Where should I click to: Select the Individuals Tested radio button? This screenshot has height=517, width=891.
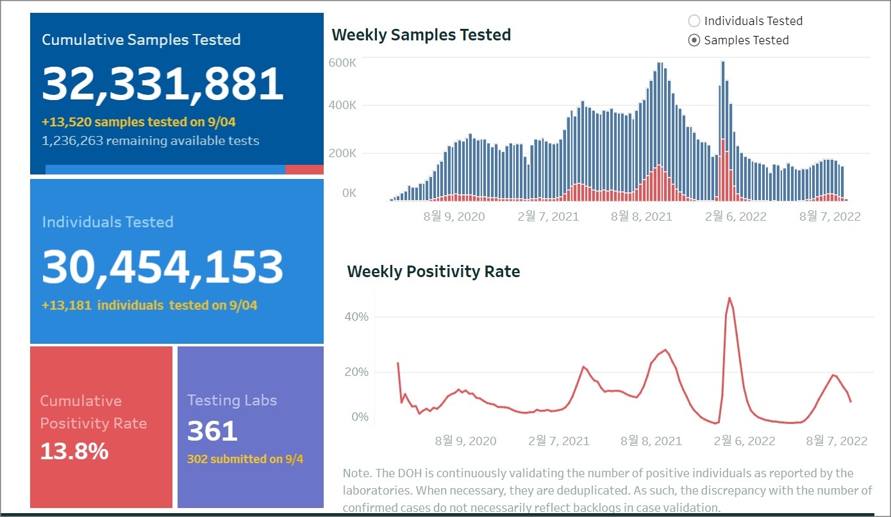click(x=694, y=21)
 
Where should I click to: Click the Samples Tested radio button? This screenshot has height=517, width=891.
click(x=694, y=40)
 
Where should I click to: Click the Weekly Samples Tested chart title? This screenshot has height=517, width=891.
click(x=421, y=35)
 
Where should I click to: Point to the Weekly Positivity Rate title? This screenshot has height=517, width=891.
click(x=433, y=271)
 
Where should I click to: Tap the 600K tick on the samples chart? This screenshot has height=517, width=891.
click(x=342, y=63)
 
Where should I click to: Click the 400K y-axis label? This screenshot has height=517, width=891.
click(x=342, y=105)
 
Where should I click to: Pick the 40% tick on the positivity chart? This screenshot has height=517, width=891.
click(x=356, y=317)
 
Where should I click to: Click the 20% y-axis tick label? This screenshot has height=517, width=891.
click(x=356, y=372)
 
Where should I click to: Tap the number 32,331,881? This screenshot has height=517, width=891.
click(x=163, y=84)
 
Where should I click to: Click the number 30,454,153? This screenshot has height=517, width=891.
click(x=163, y=267)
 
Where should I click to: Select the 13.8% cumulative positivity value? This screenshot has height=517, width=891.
click(x=74, y=452)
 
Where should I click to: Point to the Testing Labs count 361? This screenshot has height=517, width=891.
click(x=212, y=431)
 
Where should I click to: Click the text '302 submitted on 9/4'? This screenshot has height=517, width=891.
click(x=246, y=459)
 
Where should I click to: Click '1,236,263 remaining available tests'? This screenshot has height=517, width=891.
click(x=151, y=141)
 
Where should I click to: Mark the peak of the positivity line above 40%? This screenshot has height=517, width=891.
click(x=729, y=298)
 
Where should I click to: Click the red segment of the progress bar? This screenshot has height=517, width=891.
click(x=304, y=170)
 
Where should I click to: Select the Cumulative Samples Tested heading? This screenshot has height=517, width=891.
click(x=141, y=40)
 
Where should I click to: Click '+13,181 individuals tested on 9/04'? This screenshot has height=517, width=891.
click(x=149, y=305)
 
